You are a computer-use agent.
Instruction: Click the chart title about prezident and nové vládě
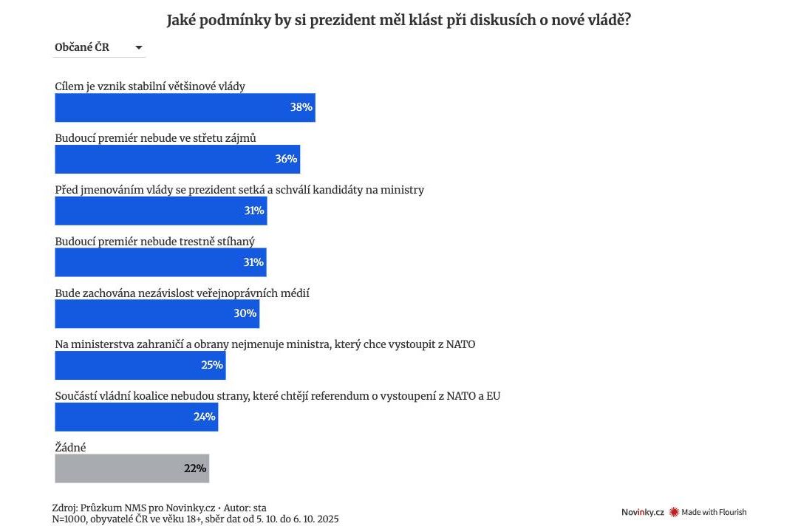pos(398,20)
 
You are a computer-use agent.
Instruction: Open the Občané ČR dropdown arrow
pos(138,48)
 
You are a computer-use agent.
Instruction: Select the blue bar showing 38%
pos(185,108)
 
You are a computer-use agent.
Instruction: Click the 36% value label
pos(286,159)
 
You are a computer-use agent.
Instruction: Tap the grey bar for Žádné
pos(132,468)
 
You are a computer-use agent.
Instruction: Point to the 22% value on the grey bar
pos(195,468)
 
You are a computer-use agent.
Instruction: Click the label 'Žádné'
pos(70,447)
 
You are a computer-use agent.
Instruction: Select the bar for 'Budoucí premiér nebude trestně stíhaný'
pos(160,262)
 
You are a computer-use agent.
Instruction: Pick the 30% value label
pos(245,313)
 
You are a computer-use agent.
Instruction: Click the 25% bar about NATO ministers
pos(140,365)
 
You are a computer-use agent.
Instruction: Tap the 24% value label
pos(204,417)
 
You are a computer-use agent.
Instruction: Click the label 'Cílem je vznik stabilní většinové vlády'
pos(150,86)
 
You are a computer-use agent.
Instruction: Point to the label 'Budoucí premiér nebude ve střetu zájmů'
pos(155,138)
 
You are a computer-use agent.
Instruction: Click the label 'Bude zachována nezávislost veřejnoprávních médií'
pos(182,293)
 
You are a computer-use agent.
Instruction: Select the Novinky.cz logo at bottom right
pos(642,512)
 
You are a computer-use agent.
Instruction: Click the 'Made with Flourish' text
pos(714,512)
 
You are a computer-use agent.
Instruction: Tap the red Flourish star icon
pos(674,512)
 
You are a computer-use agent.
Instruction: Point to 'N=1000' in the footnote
pos(69,519)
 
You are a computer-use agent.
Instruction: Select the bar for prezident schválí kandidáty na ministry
pos(160,211)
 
